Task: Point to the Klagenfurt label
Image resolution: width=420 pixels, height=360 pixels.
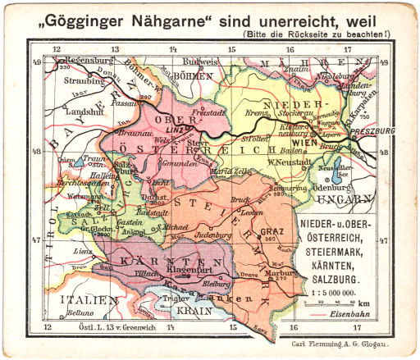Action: [x=189, y=267]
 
